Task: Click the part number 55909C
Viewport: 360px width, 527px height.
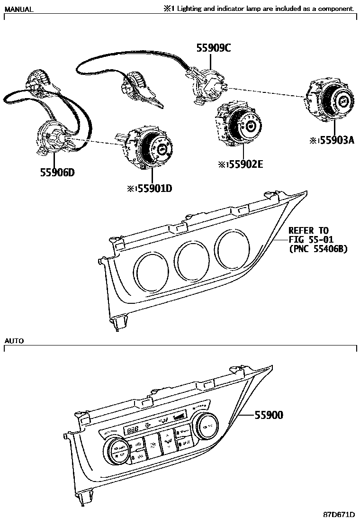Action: point(214,47)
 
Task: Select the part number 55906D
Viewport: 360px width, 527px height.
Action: point(57,173)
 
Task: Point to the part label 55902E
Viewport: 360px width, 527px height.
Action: point(243,164)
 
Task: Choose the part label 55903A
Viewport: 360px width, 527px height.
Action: point(334,140)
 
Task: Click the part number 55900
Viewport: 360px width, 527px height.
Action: point(269,415)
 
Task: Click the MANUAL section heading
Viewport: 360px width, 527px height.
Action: point(18,9)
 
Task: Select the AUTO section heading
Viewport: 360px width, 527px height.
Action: point(14,341)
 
